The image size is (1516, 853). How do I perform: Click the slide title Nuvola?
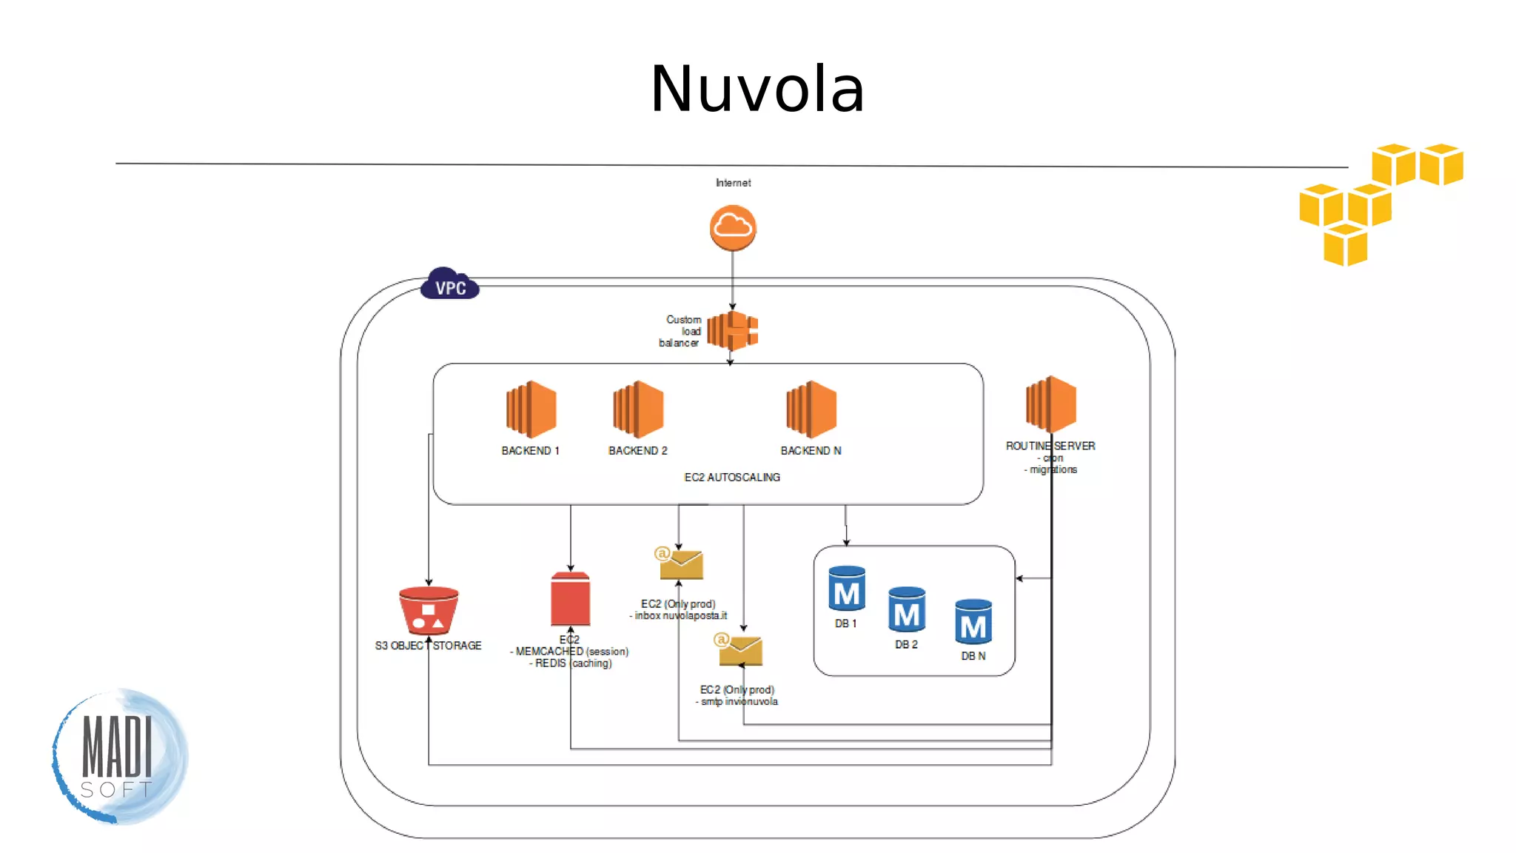point(757,89)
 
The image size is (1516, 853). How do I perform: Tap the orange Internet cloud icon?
point(733,227)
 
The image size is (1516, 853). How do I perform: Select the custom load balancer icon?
point(733,330)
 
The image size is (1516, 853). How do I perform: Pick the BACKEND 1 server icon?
point(531,409)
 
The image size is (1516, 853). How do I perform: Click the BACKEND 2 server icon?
point(638,409)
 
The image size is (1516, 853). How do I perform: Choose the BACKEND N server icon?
point(811,409)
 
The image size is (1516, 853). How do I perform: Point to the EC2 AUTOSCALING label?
point(732,478)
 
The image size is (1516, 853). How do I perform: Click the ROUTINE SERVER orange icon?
point(1051,404)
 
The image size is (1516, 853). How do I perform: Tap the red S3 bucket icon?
point(429,610)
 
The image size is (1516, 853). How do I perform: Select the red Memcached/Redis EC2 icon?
point(571,599)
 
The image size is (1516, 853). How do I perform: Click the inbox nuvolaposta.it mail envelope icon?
point(680,564)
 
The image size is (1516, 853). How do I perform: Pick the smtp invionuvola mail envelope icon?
point(739,650)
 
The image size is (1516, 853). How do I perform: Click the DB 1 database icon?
point(847,589)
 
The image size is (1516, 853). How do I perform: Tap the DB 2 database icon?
point(907,609)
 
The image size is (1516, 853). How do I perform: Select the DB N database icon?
point(973,622)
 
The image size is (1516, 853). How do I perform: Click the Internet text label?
point(733,183)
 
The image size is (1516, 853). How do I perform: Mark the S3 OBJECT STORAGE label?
point(428,646)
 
